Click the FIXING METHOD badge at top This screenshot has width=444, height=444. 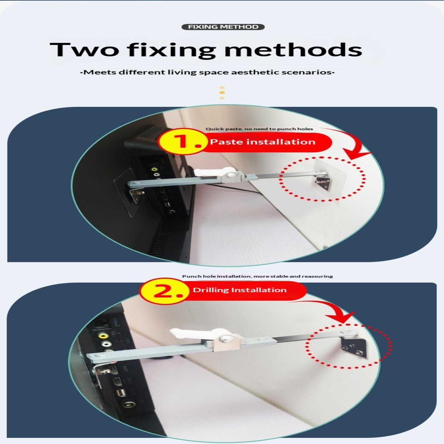[x=223, y=27]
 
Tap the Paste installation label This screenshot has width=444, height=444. [x=263, y=142]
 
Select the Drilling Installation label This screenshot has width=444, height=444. [x=240, y=290]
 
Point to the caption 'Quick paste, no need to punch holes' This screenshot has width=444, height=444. [x=259, y=129]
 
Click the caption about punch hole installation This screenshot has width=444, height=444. [x=258, y=276]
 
